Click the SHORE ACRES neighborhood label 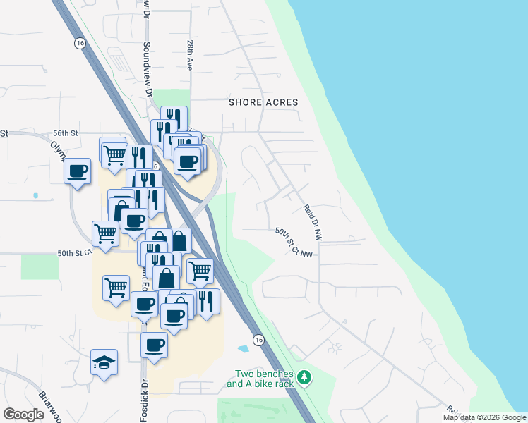pos(263,102)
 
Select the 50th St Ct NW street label pos(294,243)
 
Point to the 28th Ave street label pos(190,54)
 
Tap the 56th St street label pos(64,133)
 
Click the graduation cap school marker pos(104,362)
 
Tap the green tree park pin pos(304,378)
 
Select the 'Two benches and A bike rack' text pos(265,379)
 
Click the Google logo pos(23,414)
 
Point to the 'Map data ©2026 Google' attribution pos(484,417)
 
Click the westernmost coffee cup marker pos(78,171)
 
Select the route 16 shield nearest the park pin pos(259,340)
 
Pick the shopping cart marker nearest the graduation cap pos(116,288)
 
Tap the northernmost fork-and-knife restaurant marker pos(173,118)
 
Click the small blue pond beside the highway pos(244,348)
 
